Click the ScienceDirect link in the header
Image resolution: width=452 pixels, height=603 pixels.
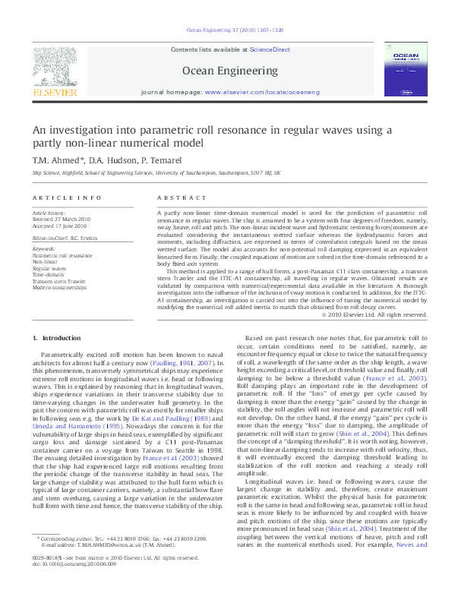point(271,49)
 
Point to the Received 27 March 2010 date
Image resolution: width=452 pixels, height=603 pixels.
point(61,219)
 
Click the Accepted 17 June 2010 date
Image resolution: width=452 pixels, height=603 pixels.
point(60,226)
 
